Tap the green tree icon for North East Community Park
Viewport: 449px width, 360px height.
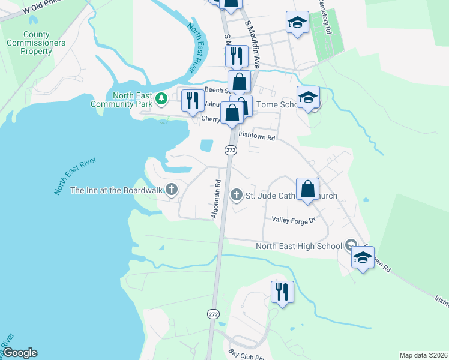click(161, 98)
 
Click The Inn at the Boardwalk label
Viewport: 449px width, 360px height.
click(117, 190)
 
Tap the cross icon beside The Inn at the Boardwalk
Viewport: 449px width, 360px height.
click(172, 190)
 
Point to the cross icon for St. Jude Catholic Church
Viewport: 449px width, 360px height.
click(237, 195)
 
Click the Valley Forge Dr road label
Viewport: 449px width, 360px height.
click(294, 220)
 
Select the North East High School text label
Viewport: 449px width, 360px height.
click(299, 246)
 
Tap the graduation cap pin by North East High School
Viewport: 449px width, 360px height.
click(363, 257)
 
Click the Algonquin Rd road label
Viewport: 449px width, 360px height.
click(218, 197)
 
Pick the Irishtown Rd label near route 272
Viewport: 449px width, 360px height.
click(257, 137)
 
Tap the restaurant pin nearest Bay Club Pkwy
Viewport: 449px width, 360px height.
click(282, 292)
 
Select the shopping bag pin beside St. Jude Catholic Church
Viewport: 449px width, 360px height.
click(307, 188)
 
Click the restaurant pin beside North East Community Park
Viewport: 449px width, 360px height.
click(192, 100)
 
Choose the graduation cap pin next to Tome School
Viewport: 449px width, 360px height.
click(308, 97)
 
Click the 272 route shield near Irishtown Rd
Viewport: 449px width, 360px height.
click(230, 149)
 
